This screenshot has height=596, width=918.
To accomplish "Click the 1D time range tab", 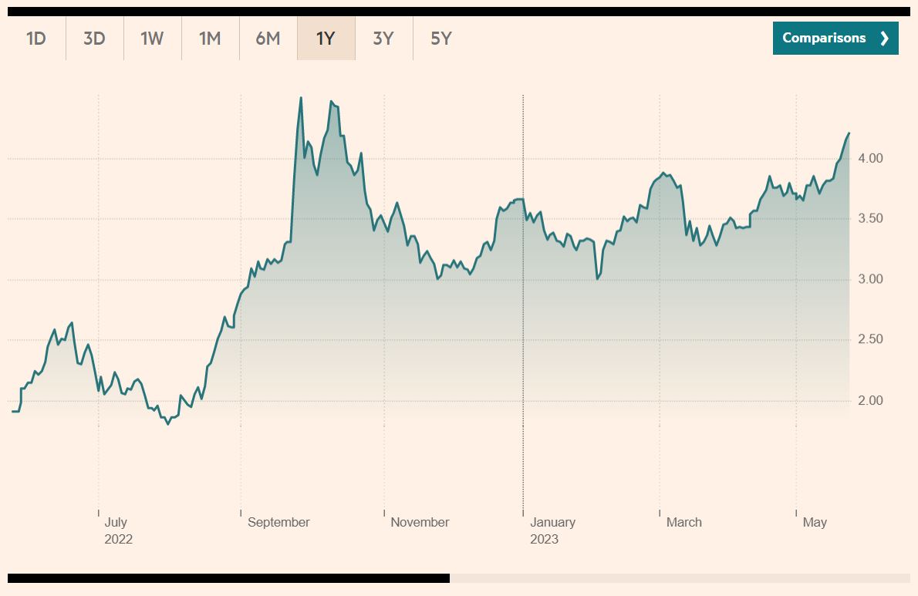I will coord(36,38).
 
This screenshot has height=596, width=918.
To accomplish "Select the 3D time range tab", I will coord(94,38).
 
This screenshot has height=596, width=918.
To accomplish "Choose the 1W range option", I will coord(152,38).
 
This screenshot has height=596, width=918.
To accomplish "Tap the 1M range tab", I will coord(210,38).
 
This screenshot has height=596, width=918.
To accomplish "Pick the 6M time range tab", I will coord(268,38).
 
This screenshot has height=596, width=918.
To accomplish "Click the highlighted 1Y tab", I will coord(326,38).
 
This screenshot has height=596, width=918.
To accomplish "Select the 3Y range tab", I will coord(383,38).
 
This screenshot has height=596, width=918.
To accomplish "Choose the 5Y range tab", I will coord(441,38).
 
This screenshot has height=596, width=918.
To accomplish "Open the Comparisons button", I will coord(835,38).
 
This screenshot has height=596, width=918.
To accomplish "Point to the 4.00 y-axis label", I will coord(870,158).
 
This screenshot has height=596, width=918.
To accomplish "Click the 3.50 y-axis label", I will coord(870,219).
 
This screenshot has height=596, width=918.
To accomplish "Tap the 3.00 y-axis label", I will coord(870,279).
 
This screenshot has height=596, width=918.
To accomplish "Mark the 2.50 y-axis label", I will coord(870,340).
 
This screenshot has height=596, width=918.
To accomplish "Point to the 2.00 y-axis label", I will coord(870,401).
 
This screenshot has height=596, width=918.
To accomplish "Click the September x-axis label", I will coord(278,522).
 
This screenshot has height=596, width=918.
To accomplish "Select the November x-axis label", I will coord(420,522).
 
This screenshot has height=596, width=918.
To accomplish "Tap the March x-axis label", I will coord(684,522).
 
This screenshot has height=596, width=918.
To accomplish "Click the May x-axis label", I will coord(815,522).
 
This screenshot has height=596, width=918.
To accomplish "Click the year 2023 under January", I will coord(544,539).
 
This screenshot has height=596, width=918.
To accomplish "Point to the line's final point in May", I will coord(849,133).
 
